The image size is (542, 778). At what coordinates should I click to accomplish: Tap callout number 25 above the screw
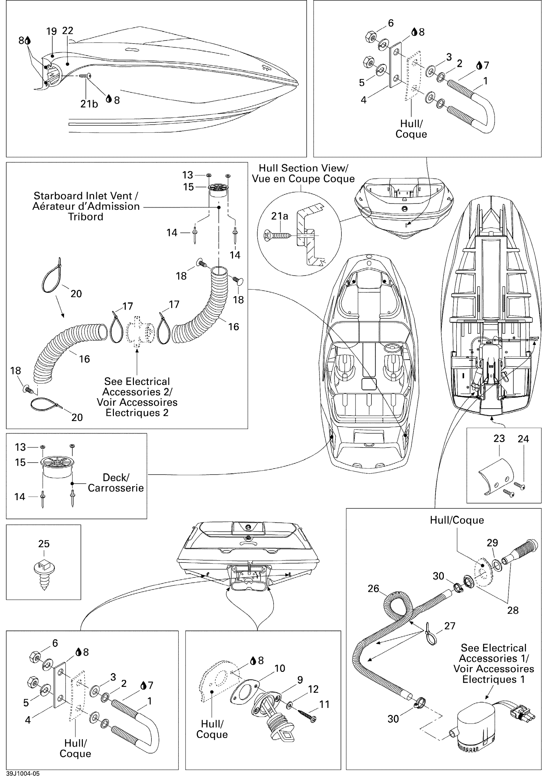[x=44, y=543]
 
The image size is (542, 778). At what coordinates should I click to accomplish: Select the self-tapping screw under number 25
[x=44, y=575]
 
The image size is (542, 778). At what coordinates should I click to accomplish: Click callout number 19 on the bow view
[x=52, y=32]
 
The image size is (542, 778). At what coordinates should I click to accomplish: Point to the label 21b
[x=89, y=104]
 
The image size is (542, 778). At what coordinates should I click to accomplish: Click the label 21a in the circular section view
[x=280, y=216]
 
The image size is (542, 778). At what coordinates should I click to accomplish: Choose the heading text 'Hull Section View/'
[x=304, y=168]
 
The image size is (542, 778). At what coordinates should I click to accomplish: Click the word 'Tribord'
[x=86, y=217]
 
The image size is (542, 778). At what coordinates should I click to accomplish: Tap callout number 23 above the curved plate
[x=499, y=439]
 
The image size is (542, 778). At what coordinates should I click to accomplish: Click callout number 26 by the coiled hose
[x=373, y=589]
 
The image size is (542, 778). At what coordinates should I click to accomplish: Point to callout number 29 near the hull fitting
[x=492, y=543]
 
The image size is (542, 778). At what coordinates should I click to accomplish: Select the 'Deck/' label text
[x=116, y=477]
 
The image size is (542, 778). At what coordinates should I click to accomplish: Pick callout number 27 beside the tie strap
[x=450, y=626]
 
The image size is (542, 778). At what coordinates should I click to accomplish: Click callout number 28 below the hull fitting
[x=513, y=610]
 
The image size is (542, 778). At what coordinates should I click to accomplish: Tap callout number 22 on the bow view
[x=68, y=31]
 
